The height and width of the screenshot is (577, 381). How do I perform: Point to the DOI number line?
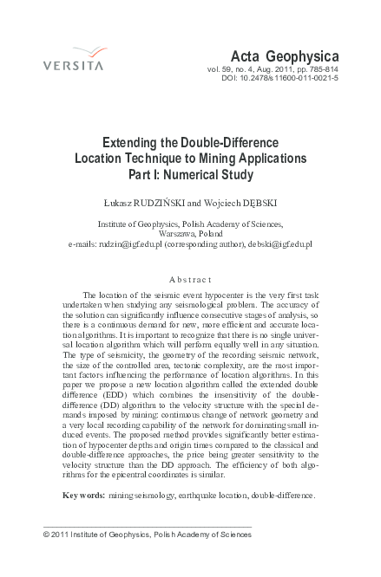(291, 77)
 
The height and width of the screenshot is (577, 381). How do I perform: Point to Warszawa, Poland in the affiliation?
(190, 233)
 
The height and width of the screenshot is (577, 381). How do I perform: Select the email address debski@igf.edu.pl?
(277, 244)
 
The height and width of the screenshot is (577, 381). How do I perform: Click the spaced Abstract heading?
(190, 279)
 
